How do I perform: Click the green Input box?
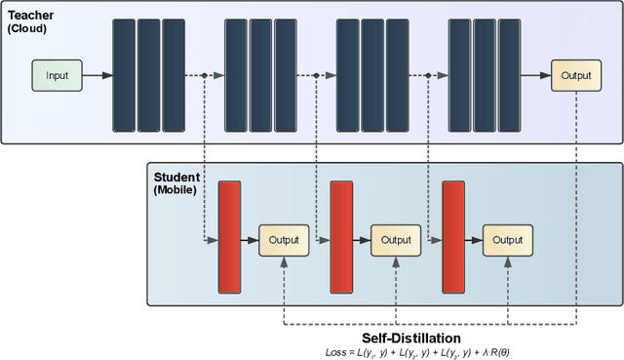[x=56, y=74]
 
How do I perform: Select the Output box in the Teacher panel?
[x=575, y=74]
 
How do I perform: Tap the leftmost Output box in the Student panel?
[x=284, y=239]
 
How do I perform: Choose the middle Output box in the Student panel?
[x=396, y=239]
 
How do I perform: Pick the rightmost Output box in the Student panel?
[x=507, y=239]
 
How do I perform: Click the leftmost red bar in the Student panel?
[x=230, y=237]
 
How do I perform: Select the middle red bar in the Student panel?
[x=341, y=237]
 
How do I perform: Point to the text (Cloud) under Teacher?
[x=28, y=29]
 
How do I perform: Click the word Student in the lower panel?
[x=176, y=177]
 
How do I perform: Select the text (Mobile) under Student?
[x=175, y=189]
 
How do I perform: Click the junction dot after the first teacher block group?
[x=204, y=75]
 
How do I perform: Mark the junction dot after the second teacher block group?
[x=316, y=75]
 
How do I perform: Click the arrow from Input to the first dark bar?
[x=96, y=75]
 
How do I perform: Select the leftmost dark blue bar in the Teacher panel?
[x=124, y=75]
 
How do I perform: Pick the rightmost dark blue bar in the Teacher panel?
[x=509, y=75]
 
